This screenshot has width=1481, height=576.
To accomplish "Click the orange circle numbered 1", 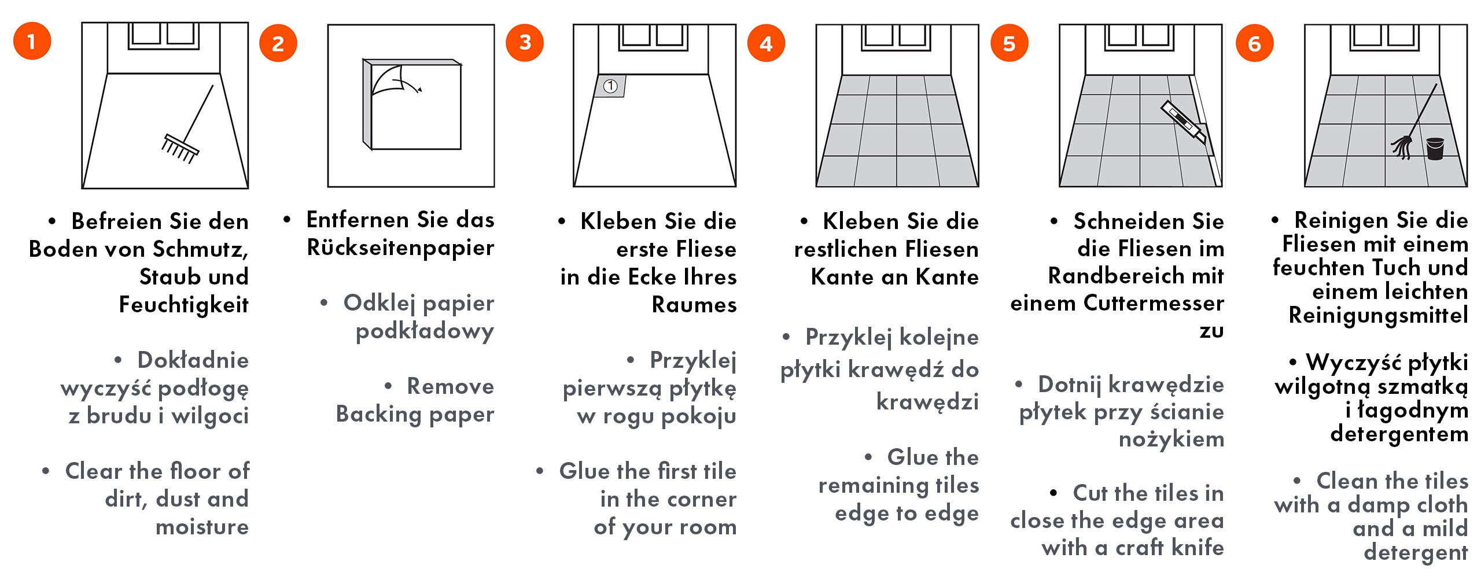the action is [32, 41].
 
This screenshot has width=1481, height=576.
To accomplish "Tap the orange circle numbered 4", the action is [766, 43].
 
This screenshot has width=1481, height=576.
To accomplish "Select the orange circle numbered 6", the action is [1254, 43].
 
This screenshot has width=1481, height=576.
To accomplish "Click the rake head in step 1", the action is [180, 149].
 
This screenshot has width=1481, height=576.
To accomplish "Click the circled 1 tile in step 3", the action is [610, 86].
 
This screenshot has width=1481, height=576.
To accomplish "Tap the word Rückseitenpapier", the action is [400, 248].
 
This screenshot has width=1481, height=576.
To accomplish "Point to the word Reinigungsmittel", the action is [1378, 316].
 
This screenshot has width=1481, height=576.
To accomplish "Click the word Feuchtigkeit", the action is [183, 305].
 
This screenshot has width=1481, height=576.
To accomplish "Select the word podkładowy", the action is [425, 331].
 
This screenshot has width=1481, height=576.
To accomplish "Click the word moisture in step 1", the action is [202, 527].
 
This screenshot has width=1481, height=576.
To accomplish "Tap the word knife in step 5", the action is [1198, 547].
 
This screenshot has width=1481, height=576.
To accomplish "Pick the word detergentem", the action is [1399, 434].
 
